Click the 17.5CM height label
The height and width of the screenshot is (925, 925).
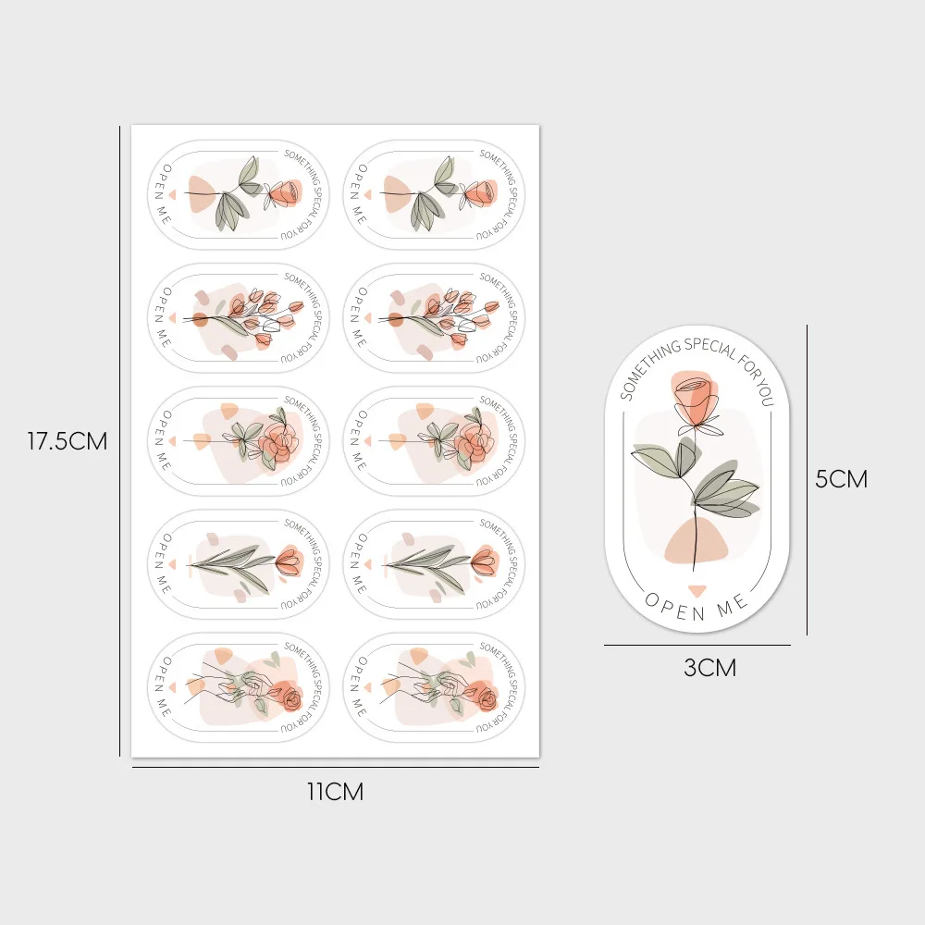click(68, 441)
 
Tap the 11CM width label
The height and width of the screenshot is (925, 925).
click(335, 792)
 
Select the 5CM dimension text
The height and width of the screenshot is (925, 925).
click(841, 479)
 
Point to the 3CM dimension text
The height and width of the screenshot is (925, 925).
click(710, 668)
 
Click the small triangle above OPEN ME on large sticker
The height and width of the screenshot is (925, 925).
click(697, 590)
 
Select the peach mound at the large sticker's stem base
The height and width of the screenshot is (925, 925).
click(697, 542)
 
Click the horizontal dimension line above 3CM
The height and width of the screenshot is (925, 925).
click(697, 646)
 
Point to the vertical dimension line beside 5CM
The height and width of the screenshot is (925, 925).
click(807, 479)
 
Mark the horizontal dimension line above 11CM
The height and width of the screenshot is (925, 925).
click(335, 768)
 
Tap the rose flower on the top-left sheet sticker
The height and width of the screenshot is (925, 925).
click(284, 194)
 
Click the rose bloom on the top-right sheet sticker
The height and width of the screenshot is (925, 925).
click(479, 194)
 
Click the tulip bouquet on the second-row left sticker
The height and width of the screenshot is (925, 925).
click(249, 318)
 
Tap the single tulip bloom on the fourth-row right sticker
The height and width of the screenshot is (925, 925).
click(486, 561)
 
